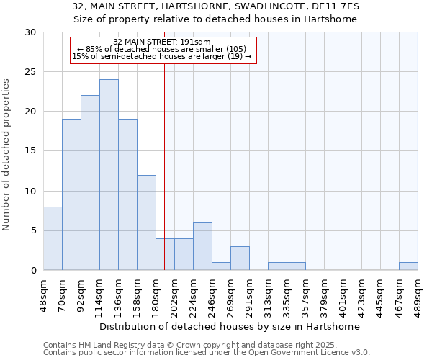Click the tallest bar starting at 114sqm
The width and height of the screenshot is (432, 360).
coord(109,175)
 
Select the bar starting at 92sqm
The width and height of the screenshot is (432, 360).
coord(90,183)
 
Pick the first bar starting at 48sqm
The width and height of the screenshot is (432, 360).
coord(53,238)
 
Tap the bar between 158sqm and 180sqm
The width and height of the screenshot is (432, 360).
coord(146,222)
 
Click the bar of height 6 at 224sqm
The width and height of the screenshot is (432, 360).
coord(202,246)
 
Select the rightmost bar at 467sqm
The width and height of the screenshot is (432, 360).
coord(408,266)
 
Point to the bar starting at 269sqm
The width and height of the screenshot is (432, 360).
coord(240,258)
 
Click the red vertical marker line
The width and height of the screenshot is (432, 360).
coord(165,144)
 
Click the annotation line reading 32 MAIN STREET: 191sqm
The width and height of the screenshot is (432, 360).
coord(162,42)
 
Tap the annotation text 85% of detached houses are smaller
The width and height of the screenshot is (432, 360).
coord(162,49)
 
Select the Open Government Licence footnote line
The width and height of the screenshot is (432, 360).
coord(206,353)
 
